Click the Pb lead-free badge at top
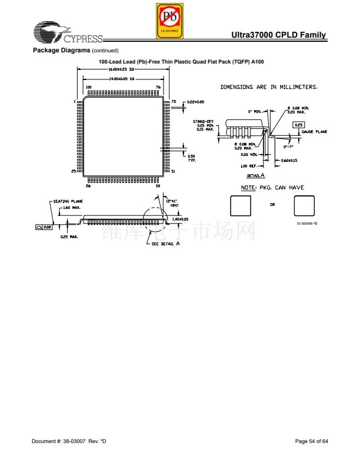169,21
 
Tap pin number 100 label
89,87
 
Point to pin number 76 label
158,87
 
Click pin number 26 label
89,186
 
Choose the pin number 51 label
174,172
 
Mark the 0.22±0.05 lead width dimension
195,102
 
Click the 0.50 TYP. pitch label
192,158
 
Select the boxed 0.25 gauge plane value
299,125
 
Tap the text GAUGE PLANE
314,132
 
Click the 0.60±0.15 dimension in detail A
288,161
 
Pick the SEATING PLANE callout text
68,201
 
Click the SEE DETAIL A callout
166,243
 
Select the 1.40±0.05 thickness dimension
180,219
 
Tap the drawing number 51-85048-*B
307,224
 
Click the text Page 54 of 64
311,441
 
